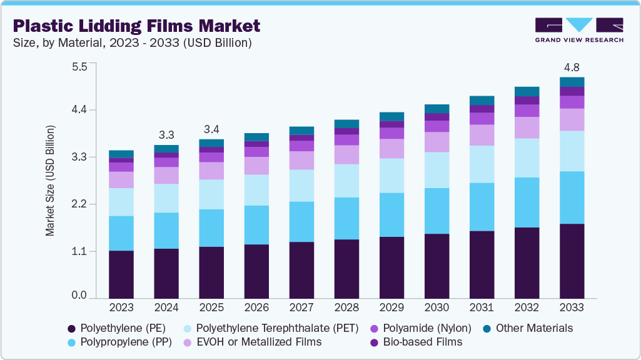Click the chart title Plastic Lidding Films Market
pos(136,26)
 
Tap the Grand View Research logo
pos(579,29)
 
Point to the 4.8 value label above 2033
pos(572,67)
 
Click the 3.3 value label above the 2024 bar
pos(166,134)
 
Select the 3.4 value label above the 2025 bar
pos(211,129)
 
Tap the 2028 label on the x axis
pos(346,307)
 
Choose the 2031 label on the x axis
pos(482,307)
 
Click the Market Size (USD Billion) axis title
pos(50,181)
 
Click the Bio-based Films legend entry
pos(421,342)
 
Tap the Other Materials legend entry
pos(533,328)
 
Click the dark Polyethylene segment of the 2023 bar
pos(121,275)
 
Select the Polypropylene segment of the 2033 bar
pos(572,197)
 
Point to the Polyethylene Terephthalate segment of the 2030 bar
pos(437,170)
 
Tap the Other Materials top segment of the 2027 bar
pos(301,131)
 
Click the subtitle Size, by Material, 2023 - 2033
pos(133,43)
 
